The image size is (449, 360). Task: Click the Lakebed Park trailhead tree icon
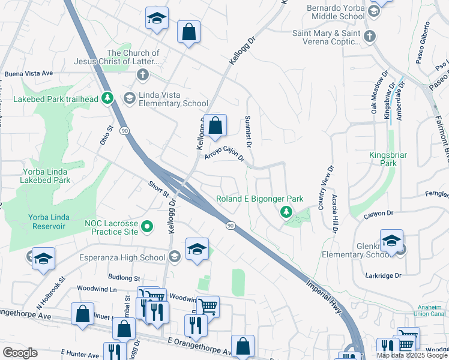click(x=108, y=98)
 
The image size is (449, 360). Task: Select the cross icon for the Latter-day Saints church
click(x=142, y=75)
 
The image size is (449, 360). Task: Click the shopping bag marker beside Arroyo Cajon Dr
click(x=215, y=126)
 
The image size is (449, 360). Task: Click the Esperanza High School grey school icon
click(x=174, y=257)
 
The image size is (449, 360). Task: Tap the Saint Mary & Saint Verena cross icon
click(x=370, y=35)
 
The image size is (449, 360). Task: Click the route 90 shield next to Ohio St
click(x=124, y=130)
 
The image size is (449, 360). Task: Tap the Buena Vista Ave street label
click(x=29, y=74)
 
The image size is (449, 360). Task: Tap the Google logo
click(x=20, y=353)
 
